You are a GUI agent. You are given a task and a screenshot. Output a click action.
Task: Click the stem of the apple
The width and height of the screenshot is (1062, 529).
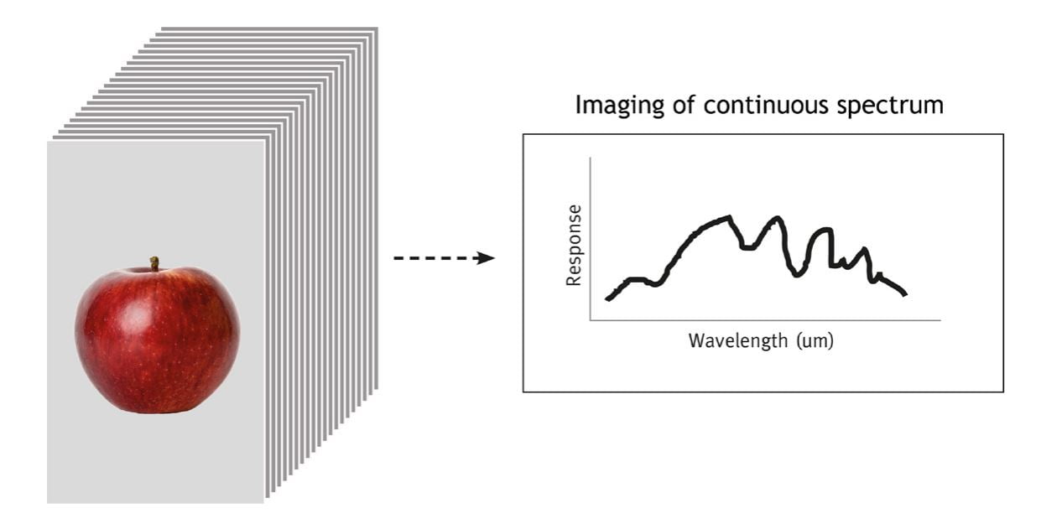point(154,263)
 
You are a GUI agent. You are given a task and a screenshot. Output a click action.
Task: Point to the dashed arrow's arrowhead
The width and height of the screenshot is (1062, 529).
point(486,258)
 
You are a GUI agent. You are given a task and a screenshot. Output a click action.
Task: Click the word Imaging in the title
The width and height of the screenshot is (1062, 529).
point(620,106)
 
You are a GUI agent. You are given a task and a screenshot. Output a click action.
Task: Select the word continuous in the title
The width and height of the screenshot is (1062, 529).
point(766,106)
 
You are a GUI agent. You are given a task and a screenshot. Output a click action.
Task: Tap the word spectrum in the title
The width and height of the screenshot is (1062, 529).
point(890,106)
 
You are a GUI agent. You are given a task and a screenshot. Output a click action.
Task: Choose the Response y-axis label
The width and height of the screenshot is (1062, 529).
point(574,245)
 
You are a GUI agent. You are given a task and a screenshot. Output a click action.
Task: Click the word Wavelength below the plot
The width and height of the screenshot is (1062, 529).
point(739,341)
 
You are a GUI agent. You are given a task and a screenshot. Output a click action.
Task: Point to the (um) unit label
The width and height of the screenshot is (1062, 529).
point(815,341)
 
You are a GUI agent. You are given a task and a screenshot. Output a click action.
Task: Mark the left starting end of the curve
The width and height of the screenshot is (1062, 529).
point(607,299)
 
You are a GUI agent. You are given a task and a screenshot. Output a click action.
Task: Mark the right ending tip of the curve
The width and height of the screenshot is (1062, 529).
point(905,294)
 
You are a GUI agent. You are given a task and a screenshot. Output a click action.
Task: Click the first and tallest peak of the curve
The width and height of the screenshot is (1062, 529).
point(730,217)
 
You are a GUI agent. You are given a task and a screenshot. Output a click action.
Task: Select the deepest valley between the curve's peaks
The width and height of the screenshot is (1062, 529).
point(797,274)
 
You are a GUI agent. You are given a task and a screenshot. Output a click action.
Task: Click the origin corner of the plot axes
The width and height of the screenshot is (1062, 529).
point(591,320)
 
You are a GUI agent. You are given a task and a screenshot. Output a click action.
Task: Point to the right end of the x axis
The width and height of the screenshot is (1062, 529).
point(940,320)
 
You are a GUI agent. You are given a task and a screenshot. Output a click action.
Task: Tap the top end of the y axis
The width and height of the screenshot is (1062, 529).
point(591,158)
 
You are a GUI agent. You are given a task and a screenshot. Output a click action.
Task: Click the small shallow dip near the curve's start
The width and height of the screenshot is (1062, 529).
point(655,284)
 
